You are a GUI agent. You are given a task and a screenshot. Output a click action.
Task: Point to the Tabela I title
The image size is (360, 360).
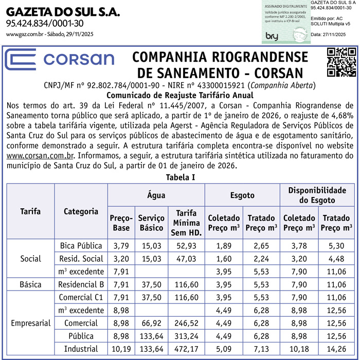tap(180, 177)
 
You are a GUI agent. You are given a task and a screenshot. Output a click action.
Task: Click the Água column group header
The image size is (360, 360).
tap(156, 195)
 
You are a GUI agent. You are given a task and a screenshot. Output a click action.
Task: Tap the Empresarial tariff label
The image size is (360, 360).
tap(30, 323)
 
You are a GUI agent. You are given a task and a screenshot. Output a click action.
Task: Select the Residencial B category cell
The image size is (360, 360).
tap(81, 284)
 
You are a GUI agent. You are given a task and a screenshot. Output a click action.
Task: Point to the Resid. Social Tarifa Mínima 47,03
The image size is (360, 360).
tap(186, 258)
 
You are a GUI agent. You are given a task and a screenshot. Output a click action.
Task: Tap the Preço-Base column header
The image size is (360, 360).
tap(120, 223)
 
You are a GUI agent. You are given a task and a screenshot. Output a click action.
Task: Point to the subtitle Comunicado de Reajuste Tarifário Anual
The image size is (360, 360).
tap(179, 95)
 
